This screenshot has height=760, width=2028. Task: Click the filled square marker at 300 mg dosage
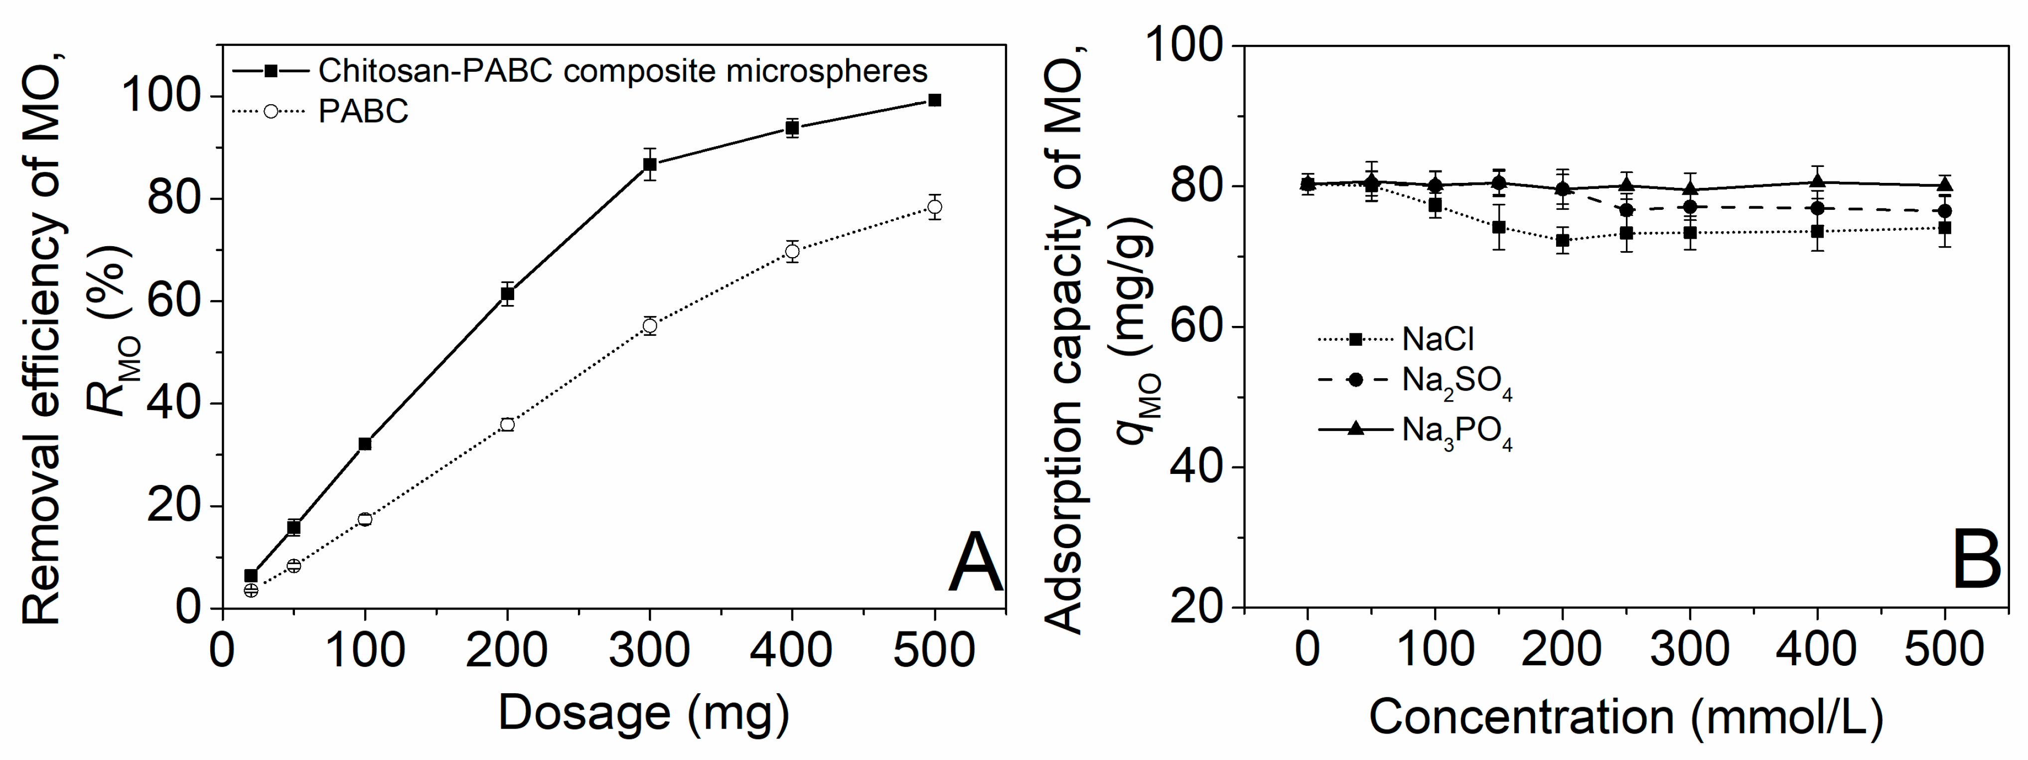tap(649, 164)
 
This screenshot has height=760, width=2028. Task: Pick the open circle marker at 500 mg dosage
tap(934, 207)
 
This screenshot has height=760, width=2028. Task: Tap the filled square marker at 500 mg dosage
tap(934, 100)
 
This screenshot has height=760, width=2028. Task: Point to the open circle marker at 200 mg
tap(507, 425)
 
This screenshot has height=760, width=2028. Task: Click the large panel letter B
tap(1976, 561)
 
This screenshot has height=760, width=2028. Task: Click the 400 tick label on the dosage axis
tap(792, 650)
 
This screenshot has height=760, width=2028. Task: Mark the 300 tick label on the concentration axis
tap(1690, 650)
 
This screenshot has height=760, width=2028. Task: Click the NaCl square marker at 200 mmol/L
tap(1563, 240)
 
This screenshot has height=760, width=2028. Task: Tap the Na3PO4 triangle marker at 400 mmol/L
tap(1818, 182)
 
